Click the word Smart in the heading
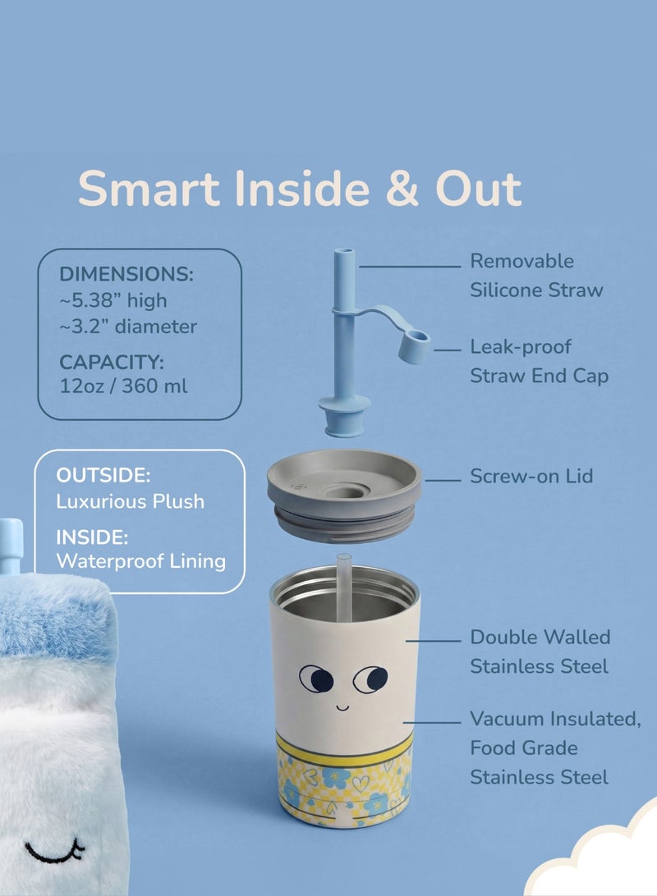coord(149,188)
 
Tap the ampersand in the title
coord(402,188)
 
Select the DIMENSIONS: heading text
coord(126,274)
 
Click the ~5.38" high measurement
coord(113,300)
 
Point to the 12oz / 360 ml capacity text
coord(123,386)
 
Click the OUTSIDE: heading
coord(103,475)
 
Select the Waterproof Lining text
coord(140,561)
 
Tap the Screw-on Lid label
coord(531,476)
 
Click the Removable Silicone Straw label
coord(536,276)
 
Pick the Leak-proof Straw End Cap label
coord(539,361)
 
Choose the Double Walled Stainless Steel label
coord(540,651)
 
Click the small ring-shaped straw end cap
coord(414,346)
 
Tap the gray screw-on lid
coord(344,495)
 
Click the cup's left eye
coord(316,679)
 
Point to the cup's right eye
coord(370,679)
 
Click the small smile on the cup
coord(342,708)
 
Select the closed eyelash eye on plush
coord(54,852)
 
